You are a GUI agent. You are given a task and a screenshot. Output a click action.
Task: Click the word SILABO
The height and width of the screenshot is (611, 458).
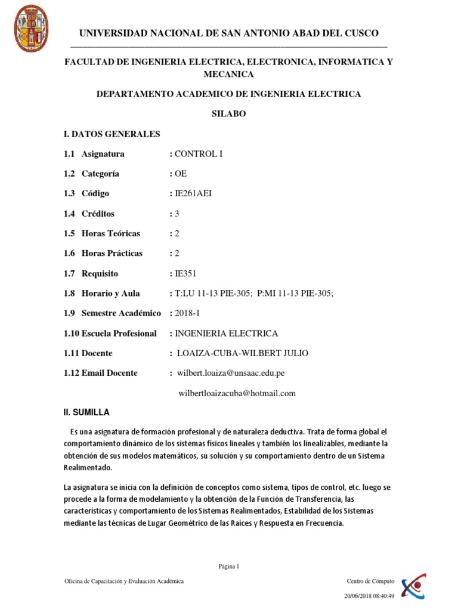[229, 114]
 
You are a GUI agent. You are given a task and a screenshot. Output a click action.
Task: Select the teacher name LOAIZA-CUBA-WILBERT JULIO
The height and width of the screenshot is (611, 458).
[243, 353]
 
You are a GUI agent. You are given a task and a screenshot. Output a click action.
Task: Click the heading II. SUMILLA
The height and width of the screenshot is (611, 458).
[86, 413]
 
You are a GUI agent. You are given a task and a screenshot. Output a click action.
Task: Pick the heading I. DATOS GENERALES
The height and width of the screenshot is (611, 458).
[112, 134]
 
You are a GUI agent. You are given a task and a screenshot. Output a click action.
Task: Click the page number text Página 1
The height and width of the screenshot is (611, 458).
[229, 566]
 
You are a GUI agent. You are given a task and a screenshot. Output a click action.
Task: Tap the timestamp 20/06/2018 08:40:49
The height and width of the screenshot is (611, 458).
[370, 595]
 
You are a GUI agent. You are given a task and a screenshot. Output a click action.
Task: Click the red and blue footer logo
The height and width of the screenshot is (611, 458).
[413, 588]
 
